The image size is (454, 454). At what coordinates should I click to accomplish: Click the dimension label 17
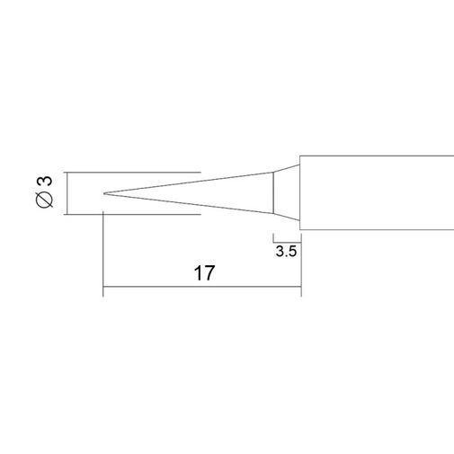(x=204, y=272)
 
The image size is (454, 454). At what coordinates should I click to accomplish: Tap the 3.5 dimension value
(x=286, y=251)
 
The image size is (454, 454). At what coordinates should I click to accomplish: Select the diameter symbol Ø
(x=45, y=200)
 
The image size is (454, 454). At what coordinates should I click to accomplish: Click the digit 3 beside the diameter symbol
(x=46, y=182)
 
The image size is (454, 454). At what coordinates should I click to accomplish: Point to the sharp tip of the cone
(x=103, y=193)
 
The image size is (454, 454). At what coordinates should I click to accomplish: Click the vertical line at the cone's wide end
(x=273, y=192)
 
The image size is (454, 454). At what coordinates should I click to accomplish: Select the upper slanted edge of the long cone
(x=189, y=182)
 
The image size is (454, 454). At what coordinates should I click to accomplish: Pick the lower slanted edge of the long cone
(x=189, y=203)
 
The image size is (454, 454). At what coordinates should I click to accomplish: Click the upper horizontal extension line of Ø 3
(x=132, y=173)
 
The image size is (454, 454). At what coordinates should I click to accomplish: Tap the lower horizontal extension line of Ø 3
(x=132, y=214)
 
